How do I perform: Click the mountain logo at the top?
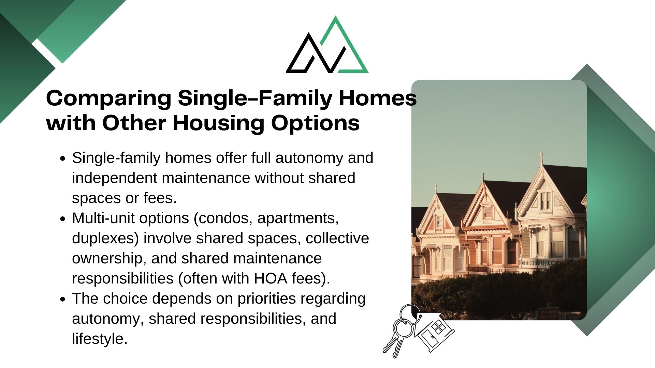[x=327, y=45]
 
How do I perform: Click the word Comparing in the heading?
[x=109, y=98]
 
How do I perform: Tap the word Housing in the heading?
[x=218, y=123]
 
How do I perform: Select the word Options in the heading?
[x=316, y=123]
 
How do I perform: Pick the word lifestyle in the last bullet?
[x=100, y=339]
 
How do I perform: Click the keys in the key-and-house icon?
[x=399, y=331]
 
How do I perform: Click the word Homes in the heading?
[x=378, y=98]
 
